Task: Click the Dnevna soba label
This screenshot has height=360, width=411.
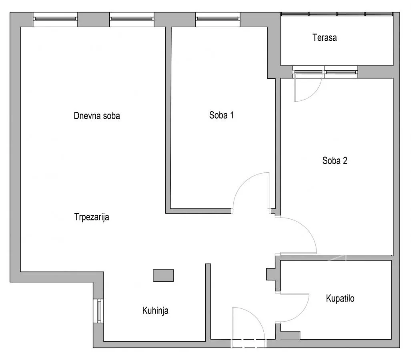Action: [x=97, y=116]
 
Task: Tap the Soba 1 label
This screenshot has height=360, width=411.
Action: [x=221, y=115]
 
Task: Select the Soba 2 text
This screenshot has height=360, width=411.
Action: [x=335, y=160]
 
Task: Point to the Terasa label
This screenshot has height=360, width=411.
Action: [x=325, y=38]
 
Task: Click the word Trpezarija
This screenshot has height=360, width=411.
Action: [x=92, y=217]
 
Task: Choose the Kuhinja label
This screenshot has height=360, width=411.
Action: [x=155, y=310]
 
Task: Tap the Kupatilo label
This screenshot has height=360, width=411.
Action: [x=340, y=298]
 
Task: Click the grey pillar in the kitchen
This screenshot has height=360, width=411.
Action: [x=163, y=275]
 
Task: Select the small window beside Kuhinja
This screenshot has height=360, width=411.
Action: [x=99, y=311]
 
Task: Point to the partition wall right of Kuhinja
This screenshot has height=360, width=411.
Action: [x=208, y=302]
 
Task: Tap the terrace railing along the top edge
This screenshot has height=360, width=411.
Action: [x=337, y=14]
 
